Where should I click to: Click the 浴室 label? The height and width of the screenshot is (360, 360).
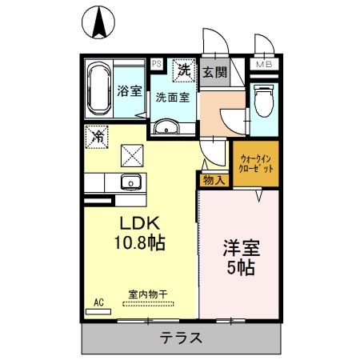pyautogui.click(x=130, y=90)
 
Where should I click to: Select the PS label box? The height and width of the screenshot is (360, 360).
pyautogui.click(x=156, y=63)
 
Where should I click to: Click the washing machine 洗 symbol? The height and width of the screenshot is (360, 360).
pyautogui.click(x=183, y=70)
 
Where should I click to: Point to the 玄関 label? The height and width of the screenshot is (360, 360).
pyautogui.click(x=214, y=71)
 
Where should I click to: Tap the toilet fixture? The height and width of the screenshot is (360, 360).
pyautogui.click(x=262, y=102)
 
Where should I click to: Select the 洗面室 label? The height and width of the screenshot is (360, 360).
pyautogui.click(x=172, y=98)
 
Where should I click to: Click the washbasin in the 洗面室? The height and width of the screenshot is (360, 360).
pyautogui.click(x=166, y=127)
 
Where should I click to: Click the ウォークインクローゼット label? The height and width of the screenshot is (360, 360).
pyautogui.click(x=256, y=164)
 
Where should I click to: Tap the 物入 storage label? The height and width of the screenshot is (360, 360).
pyautogui.click(x=214, y=180)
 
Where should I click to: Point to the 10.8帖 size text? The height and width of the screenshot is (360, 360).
pyautogui.click(x=142, y=242)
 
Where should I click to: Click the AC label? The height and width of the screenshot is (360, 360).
pyautogui.click(x=99, y=302)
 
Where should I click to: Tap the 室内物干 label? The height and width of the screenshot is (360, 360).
pyautogui.click(x=147, y=294)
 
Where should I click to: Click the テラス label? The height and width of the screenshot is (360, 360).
pyautogui.click(x=180, y=338)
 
